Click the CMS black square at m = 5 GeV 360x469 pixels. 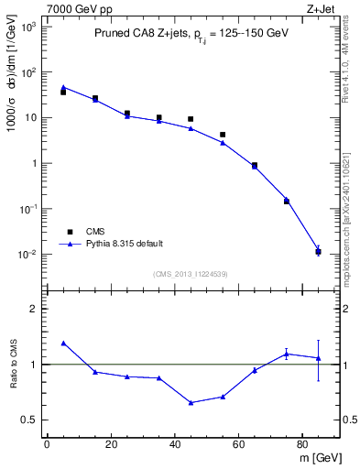63,92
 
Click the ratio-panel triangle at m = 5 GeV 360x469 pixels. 63,343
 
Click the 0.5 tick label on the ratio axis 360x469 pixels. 29,420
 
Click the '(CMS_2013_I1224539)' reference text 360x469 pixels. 191,273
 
